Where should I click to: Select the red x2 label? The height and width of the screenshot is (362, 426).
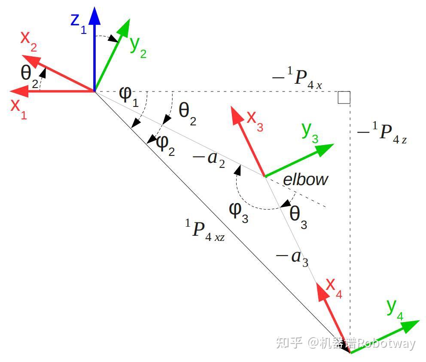[x=28, y=41]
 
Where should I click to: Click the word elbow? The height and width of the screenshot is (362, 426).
[x=305, y=179]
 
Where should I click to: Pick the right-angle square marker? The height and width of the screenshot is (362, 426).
[x=344, y=97]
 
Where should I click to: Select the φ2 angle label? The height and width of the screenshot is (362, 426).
[x=165, y=144]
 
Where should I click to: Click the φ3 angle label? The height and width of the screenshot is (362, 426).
[x=239, y=212]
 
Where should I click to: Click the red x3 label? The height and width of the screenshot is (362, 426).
[x=255, y=121]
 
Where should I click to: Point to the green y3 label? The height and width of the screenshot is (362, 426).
[x=310, y=132]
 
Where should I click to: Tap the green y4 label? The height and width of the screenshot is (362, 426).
[x=395, y=308]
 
